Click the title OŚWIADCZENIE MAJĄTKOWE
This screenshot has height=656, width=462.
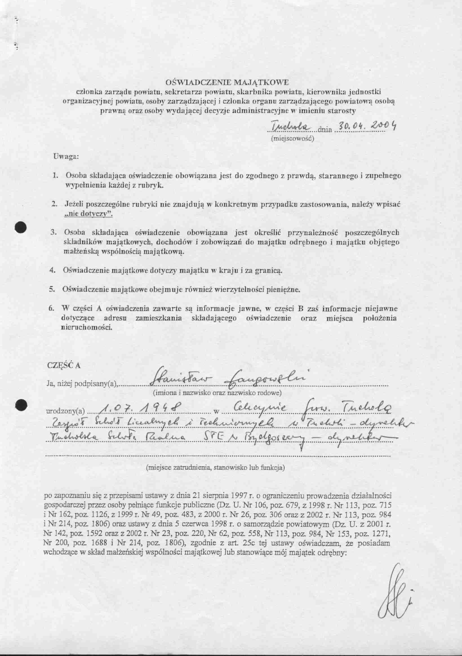tap(227, 83)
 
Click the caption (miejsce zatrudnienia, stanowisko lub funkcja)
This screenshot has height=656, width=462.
tap(216, 468)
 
